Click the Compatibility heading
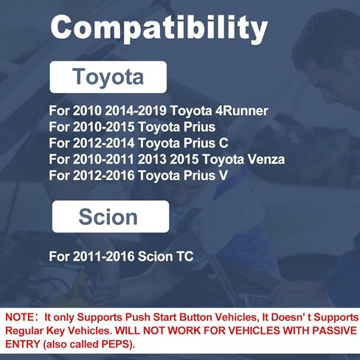[x=158, y=29]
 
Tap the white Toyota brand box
[x=108, y=77]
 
